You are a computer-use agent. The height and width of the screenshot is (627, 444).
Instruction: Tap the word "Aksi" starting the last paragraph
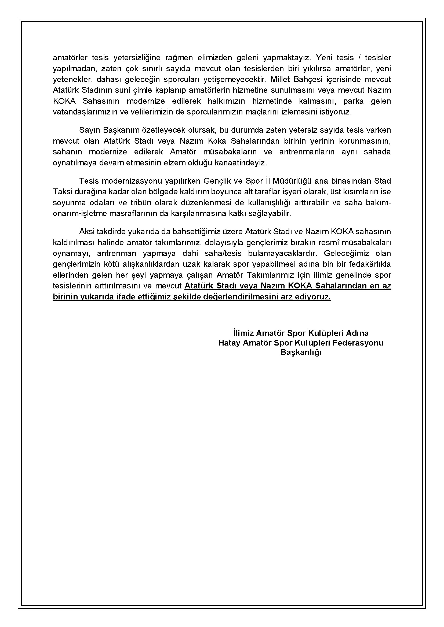(86, 232)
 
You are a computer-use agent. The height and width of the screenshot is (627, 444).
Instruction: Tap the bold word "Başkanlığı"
(301, 353)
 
